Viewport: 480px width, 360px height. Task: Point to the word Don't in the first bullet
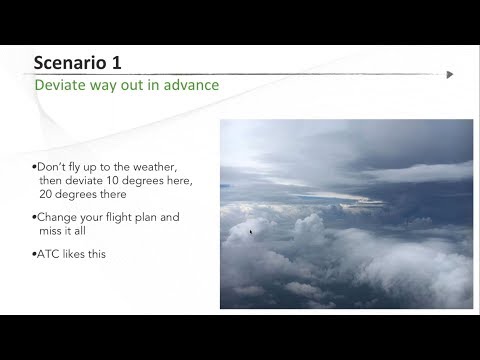[x=50, y=162]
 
